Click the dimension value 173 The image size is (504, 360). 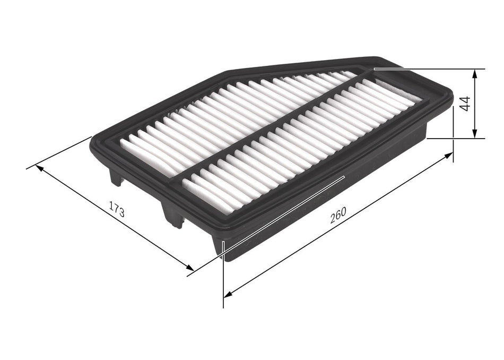pyautogui.click(x=117, y=210)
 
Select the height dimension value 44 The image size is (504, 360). pyautogui.click(x=466, y=104)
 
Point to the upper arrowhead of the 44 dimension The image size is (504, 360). pyautogui.click(x=475, y=73)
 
